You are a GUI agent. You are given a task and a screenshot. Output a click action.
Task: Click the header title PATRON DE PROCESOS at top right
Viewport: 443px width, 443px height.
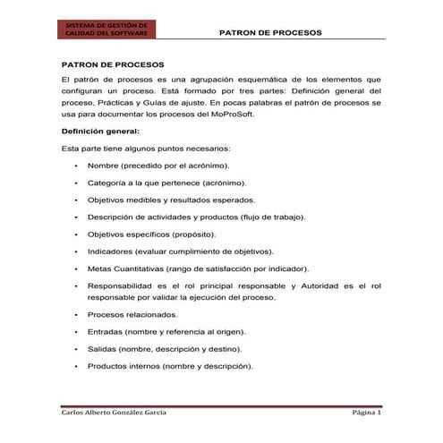[x=270, y=32]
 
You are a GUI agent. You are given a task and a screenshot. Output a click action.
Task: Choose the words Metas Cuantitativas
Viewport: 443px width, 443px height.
[x=130, y=268]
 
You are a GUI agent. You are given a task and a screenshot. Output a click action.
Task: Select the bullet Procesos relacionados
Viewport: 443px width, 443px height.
[x=132, y=314]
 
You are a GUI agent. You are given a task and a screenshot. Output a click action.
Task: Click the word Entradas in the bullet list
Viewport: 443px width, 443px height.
[x=106, y=331]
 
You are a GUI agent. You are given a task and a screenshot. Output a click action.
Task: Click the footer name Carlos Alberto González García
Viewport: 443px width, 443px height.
[x=112, y=414]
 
